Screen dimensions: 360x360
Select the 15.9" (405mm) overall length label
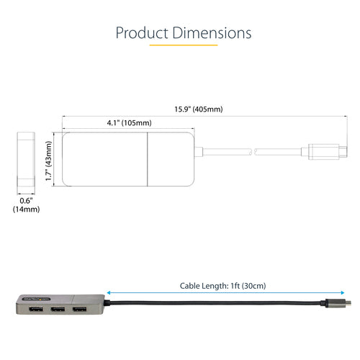(x=198, y=109)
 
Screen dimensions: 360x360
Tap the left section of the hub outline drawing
(x=104, y=159)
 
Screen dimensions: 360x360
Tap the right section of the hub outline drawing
(x=170, y=159)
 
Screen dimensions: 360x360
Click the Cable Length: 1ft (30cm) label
(x=223, y=286)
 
